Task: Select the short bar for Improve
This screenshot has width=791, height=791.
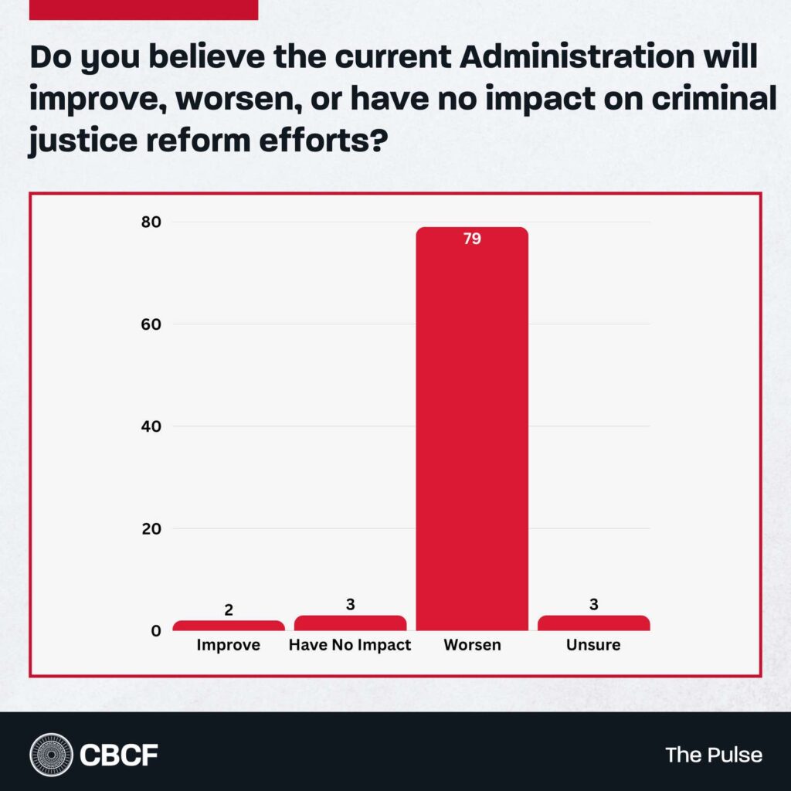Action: click(229, 626)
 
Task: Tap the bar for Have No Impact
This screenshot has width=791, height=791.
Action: click(350, 623)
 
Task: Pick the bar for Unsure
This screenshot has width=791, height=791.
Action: click(593, 623)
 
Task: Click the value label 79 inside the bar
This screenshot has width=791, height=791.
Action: click(472, 239)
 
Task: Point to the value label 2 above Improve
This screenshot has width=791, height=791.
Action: click(229, 610)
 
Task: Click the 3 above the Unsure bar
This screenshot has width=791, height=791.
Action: click(593, 605)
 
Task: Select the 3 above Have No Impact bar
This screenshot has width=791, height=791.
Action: click(350, 605)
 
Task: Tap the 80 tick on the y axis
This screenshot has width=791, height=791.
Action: click(151, 222)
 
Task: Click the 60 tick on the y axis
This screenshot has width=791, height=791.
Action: click(151, 324)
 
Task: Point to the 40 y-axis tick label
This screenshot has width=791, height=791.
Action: click(151, 426)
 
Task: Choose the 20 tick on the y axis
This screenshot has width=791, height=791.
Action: click(151, 529)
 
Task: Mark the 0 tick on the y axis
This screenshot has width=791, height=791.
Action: click(156, 631)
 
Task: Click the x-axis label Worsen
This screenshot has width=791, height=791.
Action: click(472, 645)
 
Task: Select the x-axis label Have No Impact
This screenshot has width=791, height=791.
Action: click(350, 645)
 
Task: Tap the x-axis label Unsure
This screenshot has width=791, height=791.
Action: click(593, 645)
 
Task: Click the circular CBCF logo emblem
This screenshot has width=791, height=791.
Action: click(51, 754)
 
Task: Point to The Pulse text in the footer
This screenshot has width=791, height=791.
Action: click(714, 755)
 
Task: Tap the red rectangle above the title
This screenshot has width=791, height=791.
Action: click(142, 9)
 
